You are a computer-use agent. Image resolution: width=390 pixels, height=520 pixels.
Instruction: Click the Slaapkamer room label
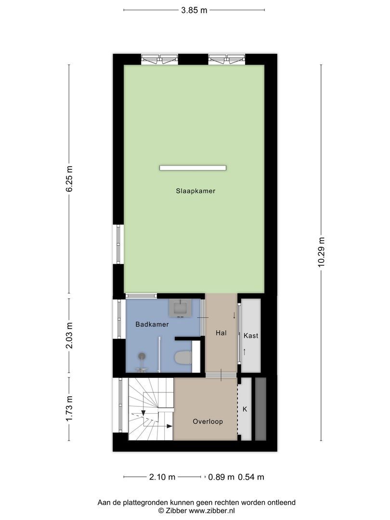coord(195,191)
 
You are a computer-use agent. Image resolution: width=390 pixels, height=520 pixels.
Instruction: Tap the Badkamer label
coord(152,325)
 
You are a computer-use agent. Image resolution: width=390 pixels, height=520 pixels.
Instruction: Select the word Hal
coord(221,333)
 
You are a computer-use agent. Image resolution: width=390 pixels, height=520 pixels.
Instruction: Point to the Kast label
coord(250,336)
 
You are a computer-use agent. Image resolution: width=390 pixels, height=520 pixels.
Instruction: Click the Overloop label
coord(208,421)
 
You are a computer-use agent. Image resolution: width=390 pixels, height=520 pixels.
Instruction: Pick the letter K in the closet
coord(245,409)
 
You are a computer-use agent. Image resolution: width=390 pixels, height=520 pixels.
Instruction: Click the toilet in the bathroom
coord(183,357)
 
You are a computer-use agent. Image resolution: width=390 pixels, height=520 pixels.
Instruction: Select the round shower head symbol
coord(142,356)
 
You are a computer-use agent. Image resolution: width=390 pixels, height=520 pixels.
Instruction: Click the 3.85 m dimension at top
coord(194,10)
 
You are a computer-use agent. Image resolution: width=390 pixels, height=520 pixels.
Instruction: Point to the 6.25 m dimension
coord(69,179)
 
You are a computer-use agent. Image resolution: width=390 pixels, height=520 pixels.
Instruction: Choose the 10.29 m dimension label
coord(322,252)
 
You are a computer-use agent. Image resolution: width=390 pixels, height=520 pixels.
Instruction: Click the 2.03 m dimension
coord(69,335)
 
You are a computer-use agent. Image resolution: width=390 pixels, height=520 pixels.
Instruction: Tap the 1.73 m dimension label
coord(69,408)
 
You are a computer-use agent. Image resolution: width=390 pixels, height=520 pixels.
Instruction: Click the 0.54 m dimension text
coord(251,477)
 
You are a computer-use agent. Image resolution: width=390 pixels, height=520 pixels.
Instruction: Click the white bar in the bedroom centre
coord(193,168)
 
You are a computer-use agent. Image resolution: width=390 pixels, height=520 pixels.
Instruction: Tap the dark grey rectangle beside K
coord(260,409)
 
